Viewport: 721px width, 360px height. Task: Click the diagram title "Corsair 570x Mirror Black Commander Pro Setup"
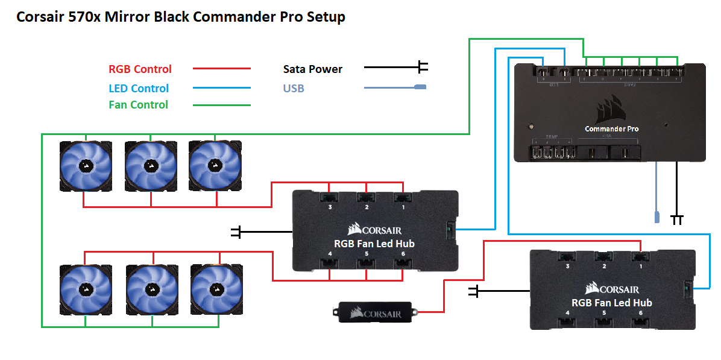181,17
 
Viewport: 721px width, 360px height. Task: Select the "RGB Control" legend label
140,69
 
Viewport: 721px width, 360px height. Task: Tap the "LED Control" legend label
139,88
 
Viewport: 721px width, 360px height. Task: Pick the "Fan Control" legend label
138,105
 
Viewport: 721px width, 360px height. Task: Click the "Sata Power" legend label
313,69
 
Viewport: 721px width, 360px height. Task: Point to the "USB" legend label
294,89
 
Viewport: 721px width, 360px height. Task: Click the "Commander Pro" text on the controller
611,128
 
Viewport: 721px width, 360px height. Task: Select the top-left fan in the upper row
86,166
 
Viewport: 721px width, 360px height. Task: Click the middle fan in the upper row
151,166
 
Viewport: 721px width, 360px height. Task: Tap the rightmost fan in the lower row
216,289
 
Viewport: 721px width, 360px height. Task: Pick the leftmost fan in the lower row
86,289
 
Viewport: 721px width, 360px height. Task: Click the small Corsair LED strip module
376,312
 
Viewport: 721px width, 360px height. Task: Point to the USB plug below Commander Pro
657,217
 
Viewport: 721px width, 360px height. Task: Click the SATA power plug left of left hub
236,231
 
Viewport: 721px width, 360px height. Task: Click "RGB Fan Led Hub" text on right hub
611,302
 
